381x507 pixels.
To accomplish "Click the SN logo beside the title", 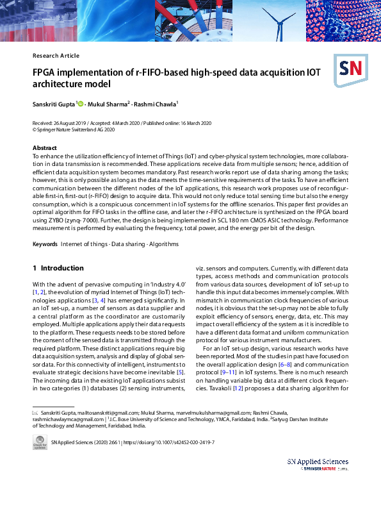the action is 348,69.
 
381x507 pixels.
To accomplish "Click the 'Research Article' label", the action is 56,56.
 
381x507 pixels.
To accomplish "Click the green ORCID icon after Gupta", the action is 81,103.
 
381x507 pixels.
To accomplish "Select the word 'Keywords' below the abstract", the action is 45,245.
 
